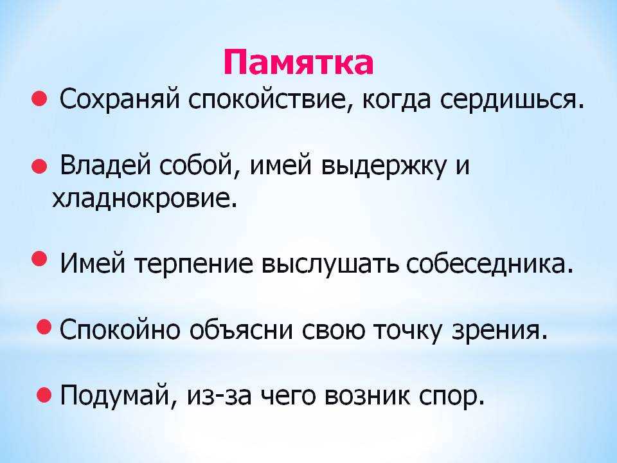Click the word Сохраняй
pos(120,100)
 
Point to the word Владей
pos(105,166)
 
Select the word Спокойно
pos(120,329)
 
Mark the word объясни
pos(241,329)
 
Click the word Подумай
pos(115,395)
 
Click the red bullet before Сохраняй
pos(39,99)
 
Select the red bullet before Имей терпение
pos(39,259)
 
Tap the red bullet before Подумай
pos(44,394)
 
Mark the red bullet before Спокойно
pos(44,327)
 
